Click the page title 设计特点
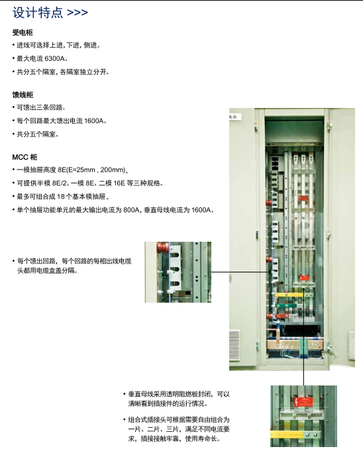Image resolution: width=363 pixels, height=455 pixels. click(38, 13)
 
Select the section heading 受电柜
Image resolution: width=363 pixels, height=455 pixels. click(23, 32)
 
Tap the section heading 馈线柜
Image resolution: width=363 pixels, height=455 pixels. click(23, 95)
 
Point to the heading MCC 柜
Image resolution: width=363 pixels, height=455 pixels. click(25, 157)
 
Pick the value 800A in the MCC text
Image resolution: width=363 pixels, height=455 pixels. click(131, 210)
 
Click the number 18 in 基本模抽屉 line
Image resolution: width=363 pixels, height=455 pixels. click(61, 197)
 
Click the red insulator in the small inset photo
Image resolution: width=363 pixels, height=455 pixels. click(163, 248)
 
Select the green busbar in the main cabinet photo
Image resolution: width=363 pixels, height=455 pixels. click(286, 305)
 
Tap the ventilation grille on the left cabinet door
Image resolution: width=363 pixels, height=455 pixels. click(234, 345)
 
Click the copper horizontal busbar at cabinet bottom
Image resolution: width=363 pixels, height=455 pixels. click(295, 344)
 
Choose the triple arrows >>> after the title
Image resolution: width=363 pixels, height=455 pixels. click(78, 13)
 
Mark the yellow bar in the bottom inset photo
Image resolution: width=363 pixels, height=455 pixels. click(287, 434)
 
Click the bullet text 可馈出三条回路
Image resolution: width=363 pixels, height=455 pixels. click(40, 107)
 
